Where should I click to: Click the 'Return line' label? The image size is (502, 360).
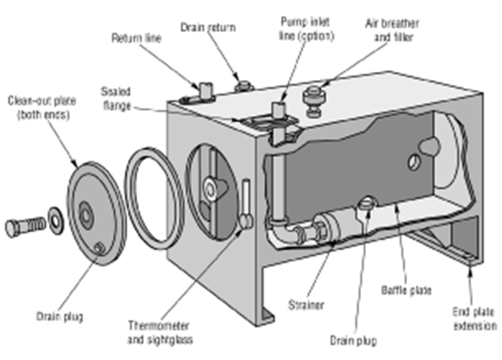pyautogui.click(x=136, y=39)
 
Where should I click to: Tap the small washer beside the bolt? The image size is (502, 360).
pyautogui.click(x=55, y=217)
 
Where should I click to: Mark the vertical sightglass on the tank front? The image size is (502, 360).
pyautogui.click(x=244, y=202)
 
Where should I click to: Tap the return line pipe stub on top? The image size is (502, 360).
pyautogui.click(x=206, y=89)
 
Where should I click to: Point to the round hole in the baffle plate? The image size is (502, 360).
pyautogui.click(x=416, y=161)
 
